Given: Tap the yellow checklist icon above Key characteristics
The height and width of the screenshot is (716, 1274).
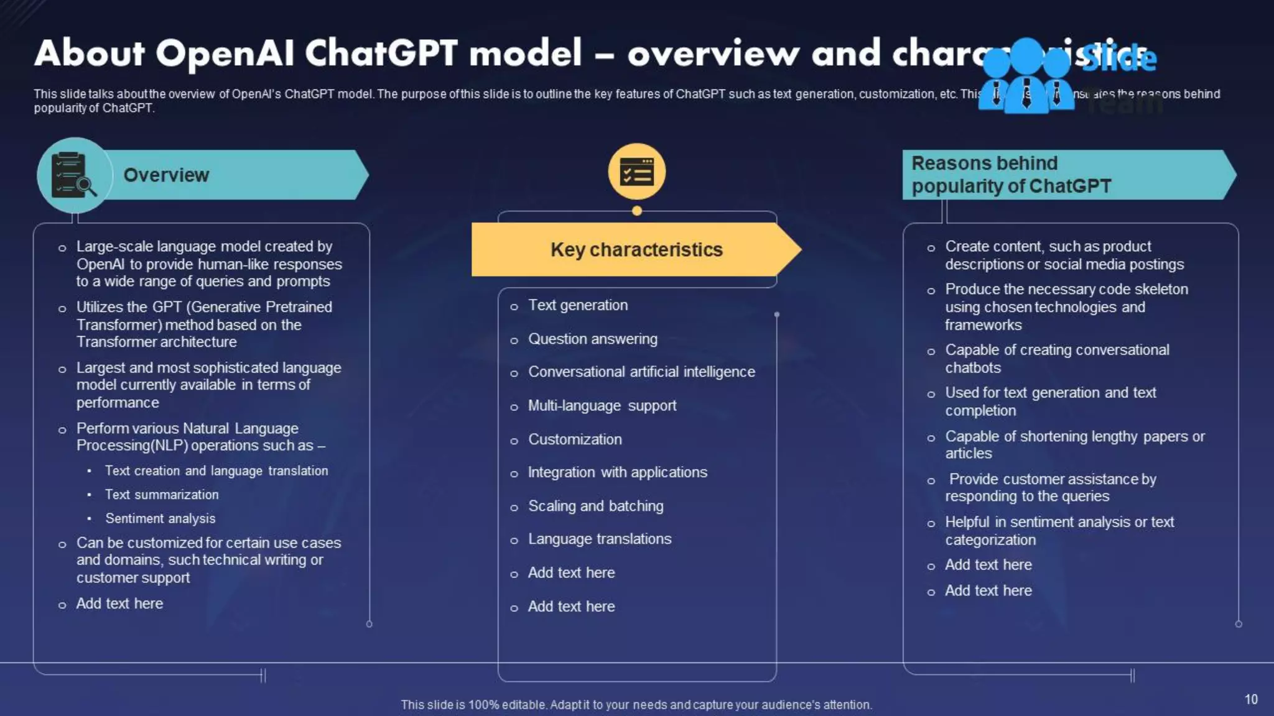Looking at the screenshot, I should tap(636, 172).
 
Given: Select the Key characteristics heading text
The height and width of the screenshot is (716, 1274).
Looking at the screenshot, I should tap(636, 250).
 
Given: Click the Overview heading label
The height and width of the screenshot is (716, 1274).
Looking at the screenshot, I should tap(166, 175).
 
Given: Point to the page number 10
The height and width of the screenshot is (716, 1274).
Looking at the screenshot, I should tap(1251, 699).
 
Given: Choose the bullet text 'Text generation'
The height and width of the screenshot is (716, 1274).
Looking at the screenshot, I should tap(578, 305).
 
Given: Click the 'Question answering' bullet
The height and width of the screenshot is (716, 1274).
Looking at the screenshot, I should tap(592, 339).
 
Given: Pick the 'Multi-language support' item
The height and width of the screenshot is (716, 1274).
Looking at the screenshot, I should tap(602, 406).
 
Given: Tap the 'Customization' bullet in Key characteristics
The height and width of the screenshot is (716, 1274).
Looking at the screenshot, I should tap(575, 439).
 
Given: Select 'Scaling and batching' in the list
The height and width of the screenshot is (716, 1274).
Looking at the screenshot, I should tap(595, 506).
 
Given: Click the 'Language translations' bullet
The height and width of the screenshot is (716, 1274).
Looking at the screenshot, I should tap(600, 539).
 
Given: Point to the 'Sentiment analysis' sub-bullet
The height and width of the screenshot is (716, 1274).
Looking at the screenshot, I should tap(160, 518).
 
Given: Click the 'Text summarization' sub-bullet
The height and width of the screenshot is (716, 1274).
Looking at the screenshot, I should tap(162, 495).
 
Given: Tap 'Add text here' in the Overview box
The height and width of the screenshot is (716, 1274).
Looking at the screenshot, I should tap(119, 604).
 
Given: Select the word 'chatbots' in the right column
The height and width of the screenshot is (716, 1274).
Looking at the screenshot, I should tap(973, 368).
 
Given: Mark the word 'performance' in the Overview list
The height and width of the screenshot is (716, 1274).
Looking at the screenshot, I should tap(118, 403).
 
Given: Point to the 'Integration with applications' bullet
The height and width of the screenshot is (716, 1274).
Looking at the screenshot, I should tap(617, 472).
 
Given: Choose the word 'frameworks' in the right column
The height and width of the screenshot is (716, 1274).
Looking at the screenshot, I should tap(983, 325).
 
